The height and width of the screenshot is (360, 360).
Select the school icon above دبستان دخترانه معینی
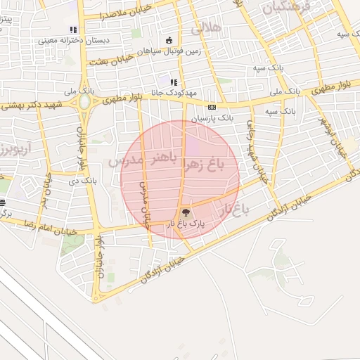point(72,30)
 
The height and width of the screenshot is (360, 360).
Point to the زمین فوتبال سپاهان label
point(168,51)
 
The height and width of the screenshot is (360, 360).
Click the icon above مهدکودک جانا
point(174,83)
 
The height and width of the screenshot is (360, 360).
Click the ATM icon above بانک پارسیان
point(212,106)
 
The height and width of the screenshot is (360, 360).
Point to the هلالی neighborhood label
point(205,29)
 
